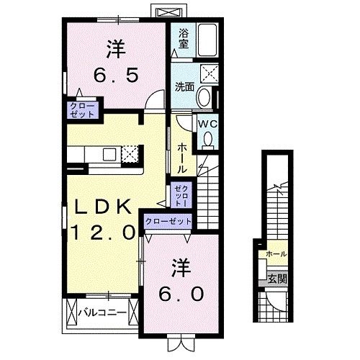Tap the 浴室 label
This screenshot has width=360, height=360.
[184, 37]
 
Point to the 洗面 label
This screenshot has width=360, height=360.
[184, 87]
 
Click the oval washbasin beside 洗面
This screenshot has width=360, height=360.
[204, 97]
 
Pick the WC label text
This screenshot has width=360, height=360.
[207, 123]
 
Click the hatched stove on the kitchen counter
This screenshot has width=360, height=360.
[130, 153]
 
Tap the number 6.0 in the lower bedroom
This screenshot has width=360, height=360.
[180, 294]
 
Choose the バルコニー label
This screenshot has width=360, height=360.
[102, 313]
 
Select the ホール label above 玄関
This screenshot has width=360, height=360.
[276, 254]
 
